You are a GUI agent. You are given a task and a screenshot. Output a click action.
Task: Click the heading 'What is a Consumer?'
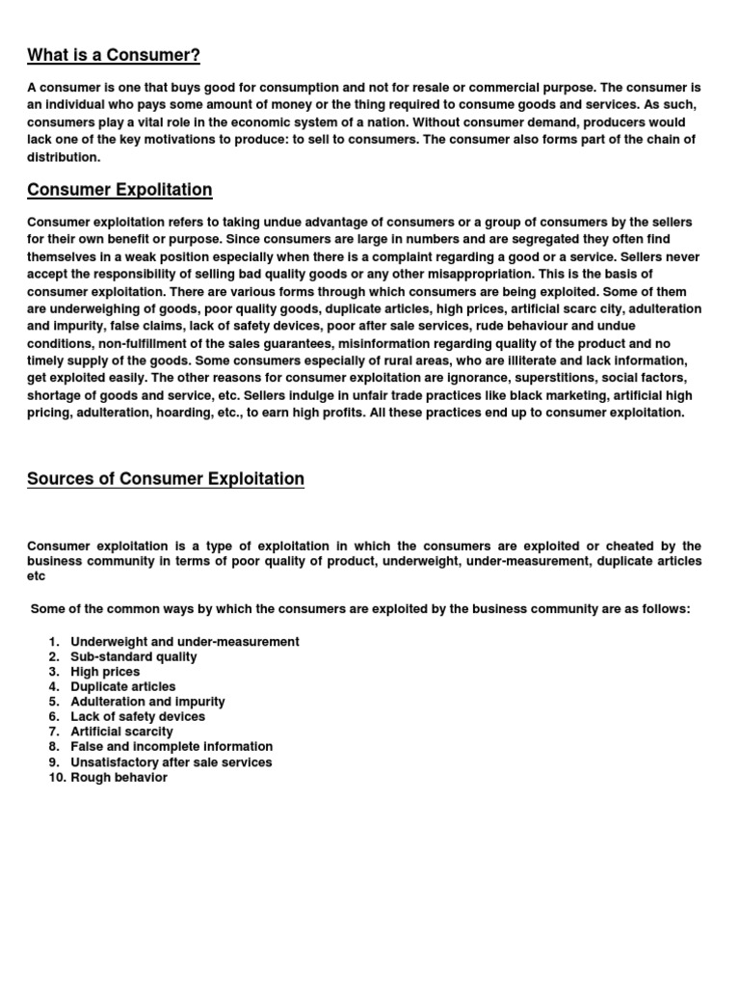click(x=114, y=54)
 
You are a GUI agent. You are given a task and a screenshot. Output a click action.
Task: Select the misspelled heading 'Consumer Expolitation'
click(x=119, y=190)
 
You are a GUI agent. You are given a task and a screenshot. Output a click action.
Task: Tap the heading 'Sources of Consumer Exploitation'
click(x=166, y=479)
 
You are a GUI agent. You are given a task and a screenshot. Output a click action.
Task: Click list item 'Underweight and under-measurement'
click(x=185, y=642)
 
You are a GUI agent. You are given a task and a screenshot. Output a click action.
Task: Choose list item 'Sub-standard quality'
click(x=134, y=657)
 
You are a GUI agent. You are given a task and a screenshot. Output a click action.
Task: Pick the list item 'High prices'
click(x=105, y=672)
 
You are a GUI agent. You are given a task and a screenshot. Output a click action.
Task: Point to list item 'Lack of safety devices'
click(x=138, y=717)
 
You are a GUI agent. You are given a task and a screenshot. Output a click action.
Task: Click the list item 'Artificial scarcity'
click(x=122, y=732)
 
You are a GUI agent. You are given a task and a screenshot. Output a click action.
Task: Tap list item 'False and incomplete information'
click(x=172, y=747)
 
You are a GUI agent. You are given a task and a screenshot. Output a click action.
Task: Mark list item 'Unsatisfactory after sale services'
click(x=172, y=762)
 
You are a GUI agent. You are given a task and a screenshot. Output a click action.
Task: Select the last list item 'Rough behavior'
click(x=119, y=777)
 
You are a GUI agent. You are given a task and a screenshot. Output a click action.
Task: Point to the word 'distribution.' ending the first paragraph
click(x=64, y=157)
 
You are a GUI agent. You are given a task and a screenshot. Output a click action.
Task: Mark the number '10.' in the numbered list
click(x=56, y=777)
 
